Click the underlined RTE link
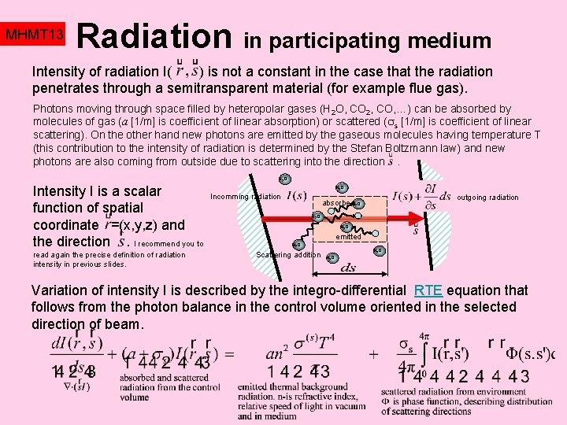point(428,290)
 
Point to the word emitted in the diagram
point(348,236)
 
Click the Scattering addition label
point(289,254)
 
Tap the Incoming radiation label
point(245,196)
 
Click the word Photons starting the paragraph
point(54,109)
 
